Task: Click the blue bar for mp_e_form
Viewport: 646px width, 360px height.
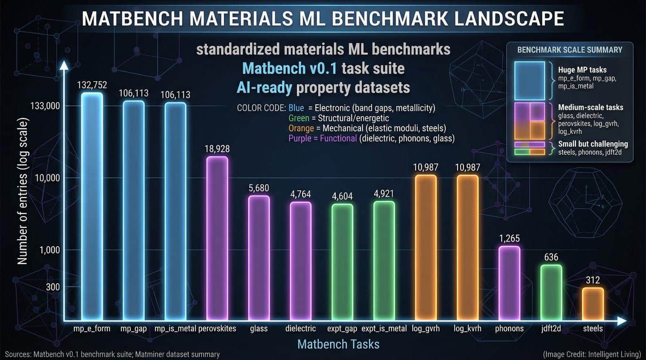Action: (x=92, y=207)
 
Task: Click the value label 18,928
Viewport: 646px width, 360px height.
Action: (x=217, y=149)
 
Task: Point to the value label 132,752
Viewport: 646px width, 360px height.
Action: (x=92, y=85)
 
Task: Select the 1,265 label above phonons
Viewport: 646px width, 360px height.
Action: (x=509, y=238)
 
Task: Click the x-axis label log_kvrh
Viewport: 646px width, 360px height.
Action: (x=467, y=329)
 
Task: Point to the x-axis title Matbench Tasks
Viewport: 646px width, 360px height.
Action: (x=338, y=344)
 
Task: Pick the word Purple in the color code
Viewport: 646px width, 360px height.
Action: (x=299, y=138)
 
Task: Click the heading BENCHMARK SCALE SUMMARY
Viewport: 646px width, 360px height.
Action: (x=569, y=50)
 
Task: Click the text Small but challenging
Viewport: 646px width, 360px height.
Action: (x=592, y=144)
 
